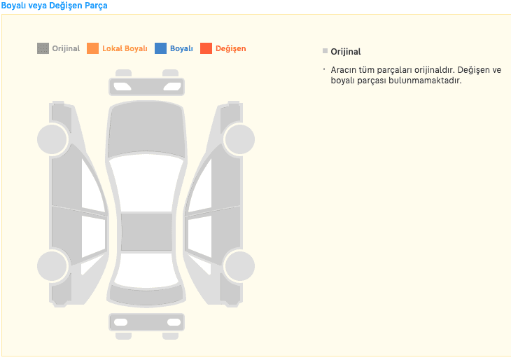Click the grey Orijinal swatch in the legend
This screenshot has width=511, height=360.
tap(43, 48)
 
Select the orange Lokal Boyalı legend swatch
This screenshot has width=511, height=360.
tap(92, 48)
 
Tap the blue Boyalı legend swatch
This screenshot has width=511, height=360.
tap(160, 48)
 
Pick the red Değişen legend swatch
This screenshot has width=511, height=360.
tap(206, 48)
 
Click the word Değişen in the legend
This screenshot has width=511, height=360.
tap(231, 48)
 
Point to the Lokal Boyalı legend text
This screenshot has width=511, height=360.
tap(125, 48)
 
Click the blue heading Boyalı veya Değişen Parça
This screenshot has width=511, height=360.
tap(54, 6)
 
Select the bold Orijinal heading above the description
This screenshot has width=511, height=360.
tap(346, 52)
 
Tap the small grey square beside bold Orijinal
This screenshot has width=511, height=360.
tap(325, 51)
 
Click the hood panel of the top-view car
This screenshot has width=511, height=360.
tap(147, 130)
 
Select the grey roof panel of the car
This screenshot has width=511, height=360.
tap(147, 232)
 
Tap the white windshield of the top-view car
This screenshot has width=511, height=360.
tap(146, 183)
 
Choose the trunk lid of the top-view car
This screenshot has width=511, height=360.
tap(146, 294)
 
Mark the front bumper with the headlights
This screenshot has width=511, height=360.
tap(147, 86)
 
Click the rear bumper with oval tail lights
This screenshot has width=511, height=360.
tap(147, 322)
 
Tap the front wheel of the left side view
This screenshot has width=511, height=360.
tap(52, 139)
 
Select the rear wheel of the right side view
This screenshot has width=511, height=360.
tap(240, 266)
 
